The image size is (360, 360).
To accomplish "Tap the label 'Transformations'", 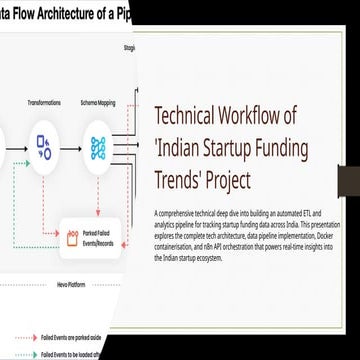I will (x=44, y=102).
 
